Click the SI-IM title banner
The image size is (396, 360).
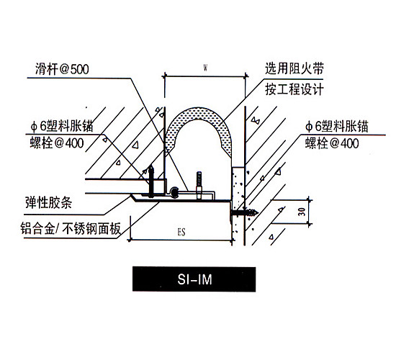pos(194,279)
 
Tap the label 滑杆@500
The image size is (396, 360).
pos(62,69)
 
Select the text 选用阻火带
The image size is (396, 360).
pos(294,68)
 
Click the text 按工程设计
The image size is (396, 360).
pos(294,89)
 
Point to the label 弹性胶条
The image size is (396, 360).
pos(48,202)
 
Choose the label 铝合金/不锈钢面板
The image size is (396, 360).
pos(71,228)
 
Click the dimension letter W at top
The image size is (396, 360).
pos(205,68)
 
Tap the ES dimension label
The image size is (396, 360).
pos(181,232)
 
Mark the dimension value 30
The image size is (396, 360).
pos(302,212)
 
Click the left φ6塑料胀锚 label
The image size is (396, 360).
pos(62,126)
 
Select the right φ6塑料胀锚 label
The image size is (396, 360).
pos(337,126)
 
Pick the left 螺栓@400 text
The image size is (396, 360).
pos(57,143)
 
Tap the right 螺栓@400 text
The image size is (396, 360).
pos(332,143)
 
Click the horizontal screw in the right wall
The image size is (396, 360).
pos(244,212)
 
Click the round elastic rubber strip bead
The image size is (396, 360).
pos(174,192)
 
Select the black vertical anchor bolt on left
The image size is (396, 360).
pos(151,181)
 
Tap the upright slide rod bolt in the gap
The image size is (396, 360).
pos(199,186)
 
